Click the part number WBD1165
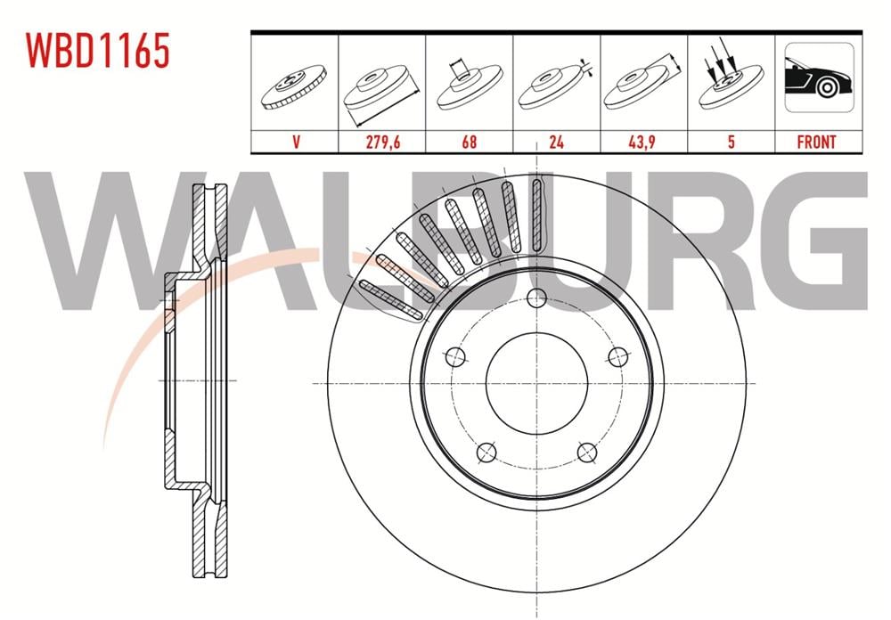pos(97,50)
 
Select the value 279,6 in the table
pos(382,142)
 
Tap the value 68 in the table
pos(469,142)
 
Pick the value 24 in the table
pos(556,142)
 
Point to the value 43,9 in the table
pos(643,142)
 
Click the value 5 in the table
pos(732,142)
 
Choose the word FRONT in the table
pos(816,142)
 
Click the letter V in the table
pos(296,142)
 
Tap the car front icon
pos(819,77)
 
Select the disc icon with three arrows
pos(731,74)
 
